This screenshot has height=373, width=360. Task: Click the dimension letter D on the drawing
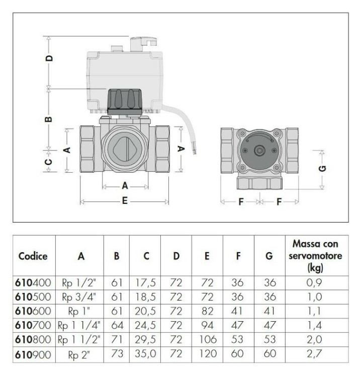(x=49, y=58)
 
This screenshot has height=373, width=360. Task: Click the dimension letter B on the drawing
(x=48, y=119)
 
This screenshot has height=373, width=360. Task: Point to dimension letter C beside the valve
(x=48, y=162)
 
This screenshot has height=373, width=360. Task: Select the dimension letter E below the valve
(x=125, y=201)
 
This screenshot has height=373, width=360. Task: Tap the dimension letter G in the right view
(x=322, y=169)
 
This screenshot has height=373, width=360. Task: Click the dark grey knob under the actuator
(x=125, y=102)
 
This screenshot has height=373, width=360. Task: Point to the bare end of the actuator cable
(x=194, y=151)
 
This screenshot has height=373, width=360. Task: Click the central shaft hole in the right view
(x=259, y=151)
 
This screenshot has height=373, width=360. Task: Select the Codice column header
(x=33, y=256)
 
